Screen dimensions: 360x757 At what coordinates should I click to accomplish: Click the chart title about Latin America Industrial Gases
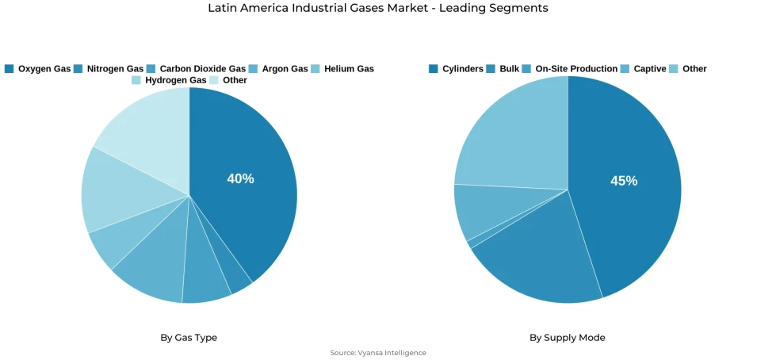[378, 8]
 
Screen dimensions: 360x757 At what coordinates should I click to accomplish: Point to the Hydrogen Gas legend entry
[169, 80]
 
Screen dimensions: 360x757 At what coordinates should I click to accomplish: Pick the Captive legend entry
[644, 69]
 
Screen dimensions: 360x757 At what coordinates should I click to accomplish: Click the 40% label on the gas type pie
[240, 179]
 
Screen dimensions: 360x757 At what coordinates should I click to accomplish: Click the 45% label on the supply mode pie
[623, 181]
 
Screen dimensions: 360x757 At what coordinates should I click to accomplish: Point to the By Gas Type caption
[189, 338]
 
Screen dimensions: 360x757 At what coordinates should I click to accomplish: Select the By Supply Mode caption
[567, 338]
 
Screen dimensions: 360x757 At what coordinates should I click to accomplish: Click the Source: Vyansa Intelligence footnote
[378, 353]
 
